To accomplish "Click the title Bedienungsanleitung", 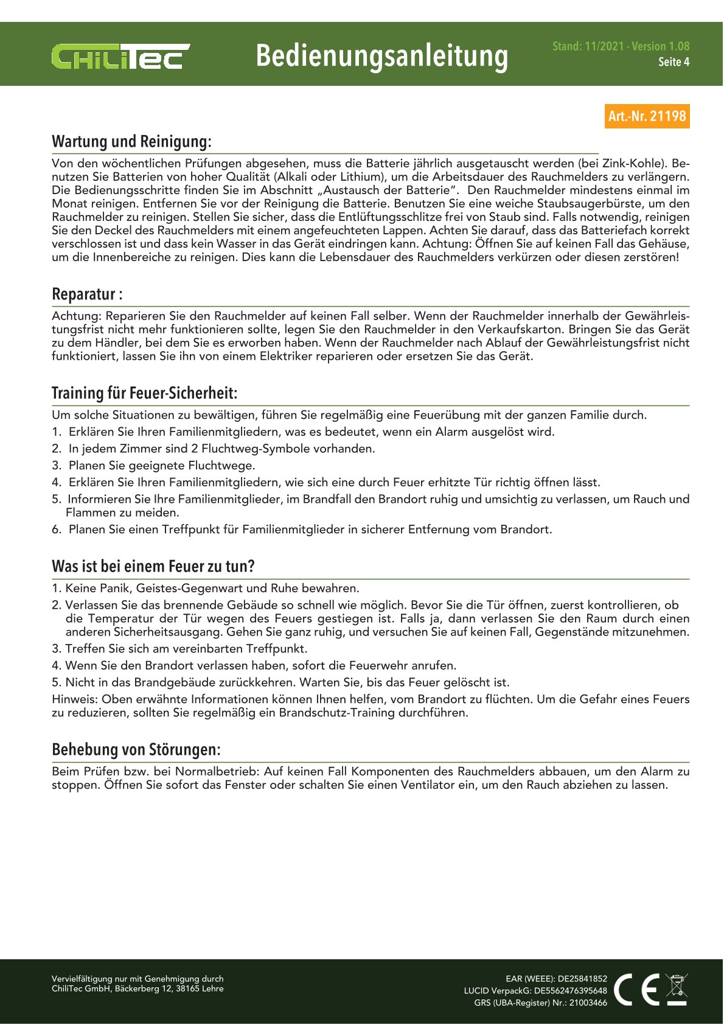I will (381, 55).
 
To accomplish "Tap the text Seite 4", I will (674, 62).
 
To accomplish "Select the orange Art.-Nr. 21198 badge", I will (647, 116).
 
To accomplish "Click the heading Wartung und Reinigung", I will (131, 142).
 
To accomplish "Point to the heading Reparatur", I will (87, 295).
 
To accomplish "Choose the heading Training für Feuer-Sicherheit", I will (144, 393).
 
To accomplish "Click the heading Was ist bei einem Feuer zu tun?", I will (153, 567).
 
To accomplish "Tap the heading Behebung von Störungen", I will (136, 750).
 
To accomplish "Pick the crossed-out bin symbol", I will (677, 989).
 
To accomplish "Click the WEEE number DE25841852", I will (582, 979).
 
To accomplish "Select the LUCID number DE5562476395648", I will (570, 991).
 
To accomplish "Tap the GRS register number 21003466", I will (588, 1003).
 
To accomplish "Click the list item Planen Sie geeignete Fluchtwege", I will (161, 466).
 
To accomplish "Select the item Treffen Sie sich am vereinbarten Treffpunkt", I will (186, 649).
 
